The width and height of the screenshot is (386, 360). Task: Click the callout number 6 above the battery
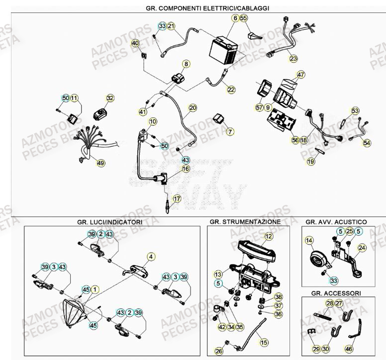235,19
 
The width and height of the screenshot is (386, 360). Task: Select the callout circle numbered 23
293,59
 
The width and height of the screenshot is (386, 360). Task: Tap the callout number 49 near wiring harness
101,163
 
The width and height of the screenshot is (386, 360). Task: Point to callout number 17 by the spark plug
177,198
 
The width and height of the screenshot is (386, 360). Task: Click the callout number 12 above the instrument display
269,237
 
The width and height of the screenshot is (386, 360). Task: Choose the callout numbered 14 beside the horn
309,241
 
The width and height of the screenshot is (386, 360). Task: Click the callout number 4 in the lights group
149,257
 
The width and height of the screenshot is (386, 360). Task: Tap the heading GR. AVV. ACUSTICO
336,221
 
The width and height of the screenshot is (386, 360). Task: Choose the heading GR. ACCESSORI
334,293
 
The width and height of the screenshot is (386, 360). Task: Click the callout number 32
110,98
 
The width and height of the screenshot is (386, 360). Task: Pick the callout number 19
310,161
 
